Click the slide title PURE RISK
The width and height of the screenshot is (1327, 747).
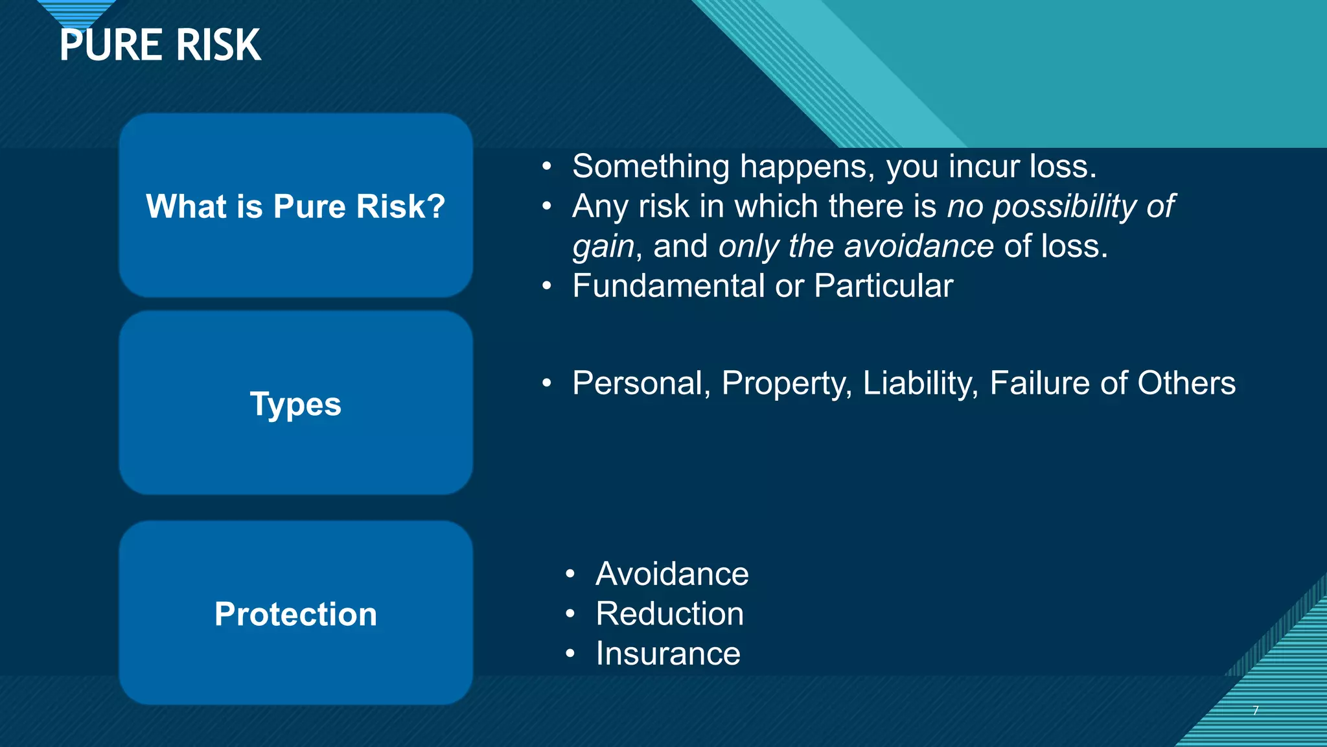160,45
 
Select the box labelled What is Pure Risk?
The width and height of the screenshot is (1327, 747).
295,206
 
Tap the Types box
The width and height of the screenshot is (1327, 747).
295,403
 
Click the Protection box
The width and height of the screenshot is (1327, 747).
295,613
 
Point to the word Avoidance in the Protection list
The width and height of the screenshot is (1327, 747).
672,574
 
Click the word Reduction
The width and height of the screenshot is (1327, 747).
669,613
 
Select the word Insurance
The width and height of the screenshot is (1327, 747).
667,653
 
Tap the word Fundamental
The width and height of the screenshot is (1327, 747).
668,286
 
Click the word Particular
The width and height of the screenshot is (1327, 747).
883,286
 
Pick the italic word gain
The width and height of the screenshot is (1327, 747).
603,247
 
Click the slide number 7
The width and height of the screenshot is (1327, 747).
1255,710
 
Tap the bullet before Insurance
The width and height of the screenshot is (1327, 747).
570,653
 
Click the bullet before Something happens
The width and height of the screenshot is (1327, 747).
547,167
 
